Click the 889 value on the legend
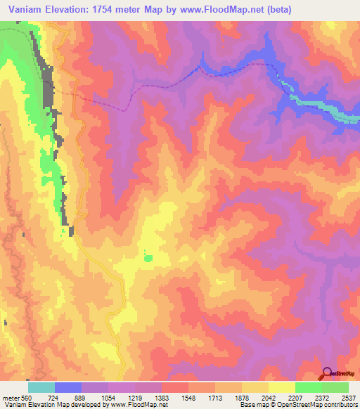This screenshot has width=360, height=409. (x=82, y=398)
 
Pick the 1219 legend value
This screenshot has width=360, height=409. (x=135, y=398)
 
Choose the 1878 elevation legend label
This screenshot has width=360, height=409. (x=243, y=398)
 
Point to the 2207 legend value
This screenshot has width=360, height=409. (x=296, y=398)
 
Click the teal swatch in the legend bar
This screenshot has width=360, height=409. (x=41, y=387)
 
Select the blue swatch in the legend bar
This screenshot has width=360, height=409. (x=68, y=387)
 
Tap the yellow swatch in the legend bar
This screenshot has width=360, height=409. (x=281, y=387)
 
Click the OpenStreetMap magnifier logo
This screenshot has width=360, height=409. (x=327, y=374)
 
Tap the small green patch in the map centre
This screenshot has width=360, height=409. (x=148, y=258)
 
